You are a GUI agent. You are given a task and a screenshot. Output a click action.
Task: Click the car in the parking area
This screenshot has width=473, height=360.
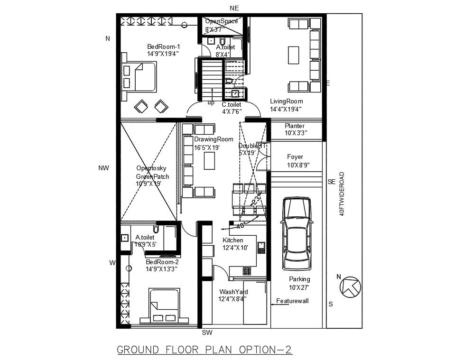point(297,233)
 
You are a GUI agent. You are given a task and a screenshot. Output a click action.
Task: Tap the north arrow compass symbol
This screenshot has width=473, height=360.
point(351,286)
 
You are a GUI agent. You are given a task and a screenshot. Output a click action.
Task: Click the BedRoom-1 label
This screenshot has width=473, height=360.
point(163,46)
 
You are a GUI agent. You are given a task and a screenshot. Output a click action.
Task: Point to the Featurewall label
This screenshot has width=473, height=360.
point(293,301)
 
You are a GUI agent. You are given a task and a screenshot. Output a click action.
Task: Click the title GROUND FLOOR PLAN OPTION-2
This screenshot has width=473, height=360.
point(204,350)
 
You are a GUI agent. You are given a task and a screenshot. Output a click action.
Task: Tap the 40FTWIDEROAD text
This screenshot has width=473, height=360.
point(342,194)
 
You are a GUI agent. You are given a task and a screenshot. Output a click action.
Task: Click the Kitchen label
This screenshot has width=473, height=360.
point(232,240)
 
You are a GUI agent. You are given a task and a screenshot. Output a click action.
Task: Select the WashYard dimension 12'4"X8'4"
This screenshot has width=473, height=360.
point(232,299)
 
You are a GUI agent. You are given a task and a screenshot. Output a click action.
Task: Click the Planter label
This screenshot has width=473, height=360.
point(295,126)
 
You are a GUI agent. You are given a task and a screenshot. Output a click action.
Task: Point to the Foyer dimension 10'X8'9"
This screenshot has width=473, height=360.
point(298,165)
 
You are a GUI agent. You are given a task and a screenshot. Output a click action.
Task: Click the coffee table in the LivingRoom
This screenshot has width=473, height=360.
point(293,55)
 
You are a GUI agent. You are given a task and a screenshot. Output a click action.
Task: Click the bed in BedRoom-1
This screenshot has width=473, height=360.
point(143,77)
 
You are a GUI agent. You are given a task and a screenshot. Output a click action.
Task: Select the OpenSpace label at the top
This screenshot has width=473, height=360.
point(221,21)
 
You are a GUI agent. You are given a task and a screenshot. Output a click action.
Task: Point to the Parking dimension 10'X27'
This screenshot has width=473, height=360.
point(299,287)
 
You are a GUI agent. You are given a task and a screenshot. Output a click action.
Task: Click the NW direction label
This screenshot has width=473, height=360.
point(104,168)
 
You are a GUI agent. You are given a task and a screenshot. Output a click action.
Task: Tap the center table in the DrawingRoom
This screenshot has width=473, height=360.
point(209,161)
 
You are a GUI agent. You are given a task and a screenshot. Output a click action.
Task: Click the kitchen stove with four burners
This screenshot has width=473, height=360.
point(247,271)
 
